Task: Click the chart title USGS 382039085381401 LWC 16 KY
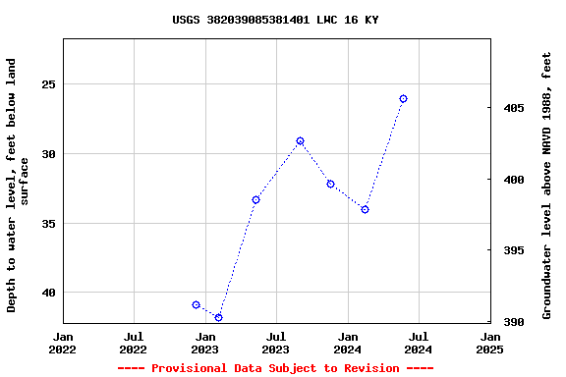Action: tap(275, 20)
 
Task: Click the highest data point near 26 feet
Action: tap(403, 99)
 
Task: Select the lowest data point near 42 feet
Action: tap(218, 317)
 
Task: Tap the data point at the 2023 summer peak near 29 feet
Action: tap(300, 141)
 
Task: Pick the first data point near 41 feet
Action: tap(196, 305)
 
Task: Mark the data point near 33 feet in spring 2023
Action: tap(255, 199)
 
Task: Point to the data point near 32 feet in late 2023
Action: tap(330, 184)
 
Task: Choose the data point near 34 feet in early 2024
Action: tap(365, 209)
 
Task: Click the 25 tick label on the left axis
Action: tap(46, 84)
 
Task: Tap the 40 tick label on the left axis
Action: tap(46, 293)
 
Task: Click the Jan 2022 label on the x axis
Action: tap(63, 342)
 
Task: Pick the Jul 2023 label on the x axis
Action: tap(275, 342)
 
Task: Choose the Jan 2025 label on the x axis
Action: tap(489, 342)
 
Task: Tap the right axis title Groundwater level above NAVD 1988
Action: tap(547, 185)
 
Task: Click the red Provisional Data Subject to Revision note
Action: tap(275, 368)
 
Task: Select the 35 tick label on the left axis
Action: tap(46, 224)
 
